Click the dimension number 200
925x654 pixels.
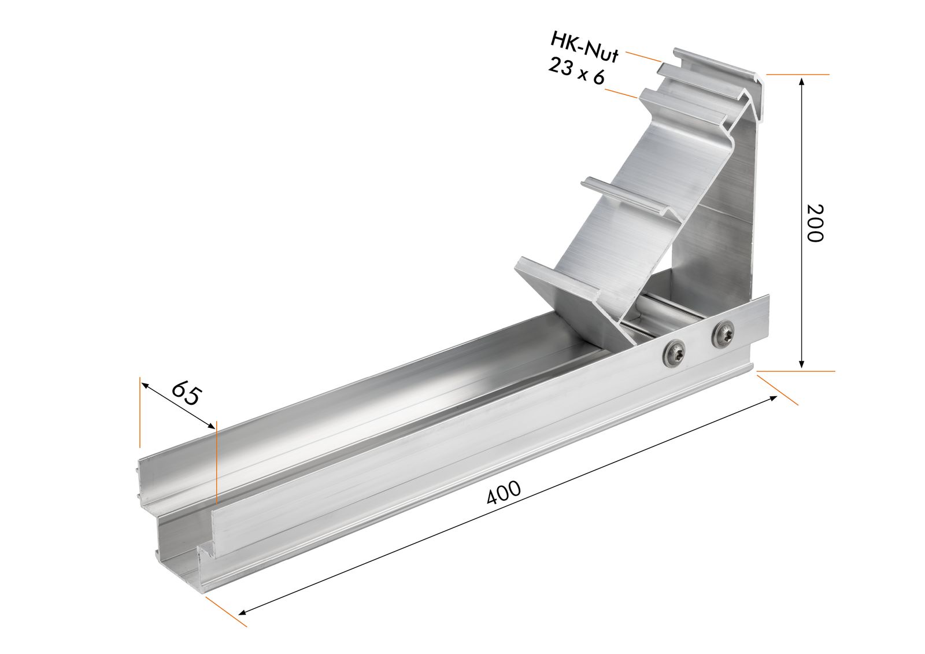pyautogui.click(x=814, y=223)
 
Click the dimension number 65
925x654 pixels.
pyautogui.click(x=186, y=393)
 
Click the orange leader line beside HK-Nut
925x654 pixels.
pyautogui.click(x=643, y=56)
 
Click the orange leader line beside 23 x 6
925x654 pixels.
pyautogui.click(x=621, y=94)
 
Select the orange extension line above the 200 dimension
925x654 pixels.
pyautogui.click(x=798, y=75)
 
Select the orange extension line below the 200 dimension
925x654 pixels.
pyautogui.click(x=795, y=370)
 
